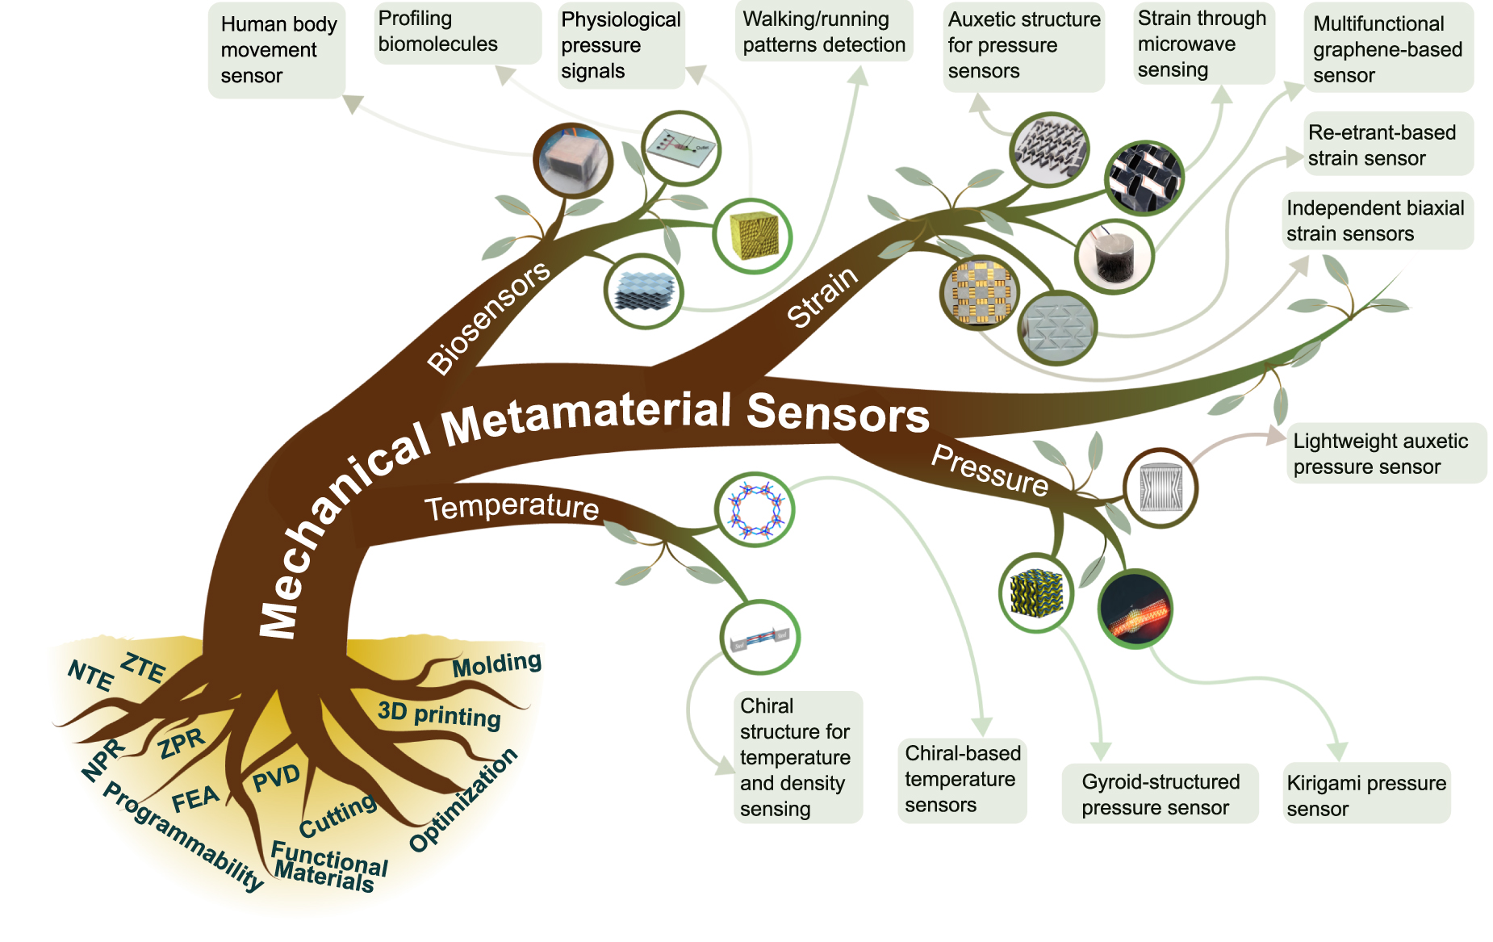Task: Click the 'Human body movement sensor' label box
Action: click(x=276, y=50)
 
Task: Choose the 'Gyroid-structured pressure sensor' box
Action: click(x=1160, y=794)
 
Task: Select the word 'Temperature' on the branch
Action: click(x=512, y=507)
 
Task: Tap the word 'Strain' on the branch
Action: click(x=822, y=298)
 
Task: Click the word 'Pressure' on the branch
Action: click(x=989, y=471)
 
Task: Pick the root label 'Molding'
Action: click(x=496, y=665)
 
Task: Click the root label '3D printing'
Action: click(x=439, y=714)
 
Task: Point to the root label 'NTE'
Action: click(x=90, y=675)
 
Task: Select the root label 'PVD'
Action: click(x=276, y=778)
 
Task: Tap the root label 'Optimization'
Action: click(x=463, y=800)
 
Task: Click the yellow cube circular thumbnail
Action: click(x=752, y=237)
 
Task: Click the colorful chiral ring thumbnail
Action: click(x=755, y=509)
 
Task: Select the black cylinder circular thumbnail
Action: click(x=1115, y=257)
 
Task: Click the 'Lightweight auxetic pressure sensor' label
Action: click(x=1385, y=454)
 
